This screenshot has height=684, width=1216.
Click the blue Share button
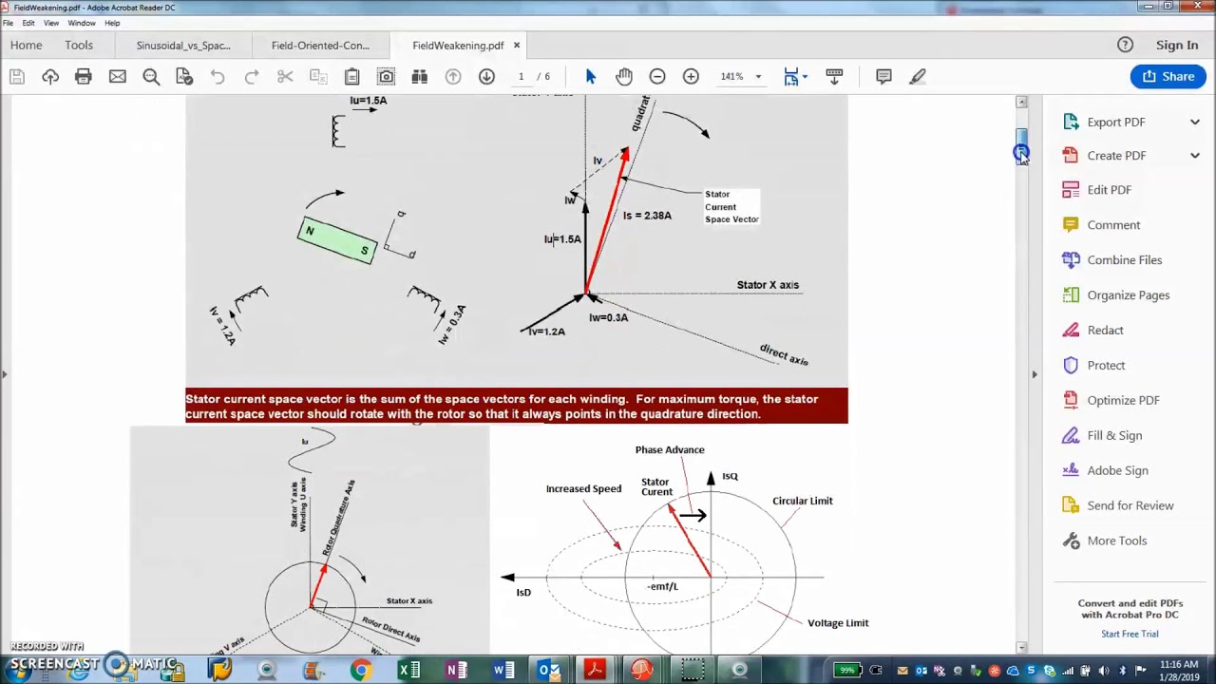1168,76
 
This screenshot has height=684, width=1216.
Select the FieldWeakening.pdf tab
458,46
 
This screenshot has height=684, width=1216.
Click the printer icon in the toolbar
84,76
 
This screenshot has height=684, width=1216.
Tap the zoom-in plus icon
691,76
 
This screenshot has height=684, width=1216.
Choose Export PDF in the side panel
1115,122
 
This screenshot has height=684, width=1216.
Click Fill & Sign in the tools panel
1114,435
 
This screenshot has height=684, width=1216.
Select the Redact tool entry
1105,330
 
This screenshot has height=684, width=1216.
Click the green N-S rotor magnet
336,240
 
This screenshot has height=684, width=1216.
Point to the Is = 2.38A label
647,216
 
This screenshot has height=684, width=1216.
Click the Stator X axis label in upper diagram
768,285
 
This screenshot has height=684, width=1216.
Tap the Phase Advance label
670,449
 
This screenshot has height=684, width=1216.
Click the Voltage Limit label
837,623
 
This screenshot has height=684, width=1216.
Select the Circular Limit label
802,501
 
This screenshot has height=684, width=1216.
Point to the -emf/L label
662,586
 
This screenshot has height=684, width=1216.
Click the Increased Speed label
583,488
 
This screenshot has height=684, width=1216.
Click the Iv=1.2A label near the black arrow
547,332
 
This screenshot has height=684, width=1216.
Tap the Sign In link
1176,45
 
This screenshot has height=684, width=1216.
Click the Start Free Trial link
1130,634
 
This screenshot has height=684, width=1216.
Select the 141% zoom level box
737,76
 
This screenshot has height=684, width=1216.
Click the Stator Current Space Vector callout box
731,206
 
